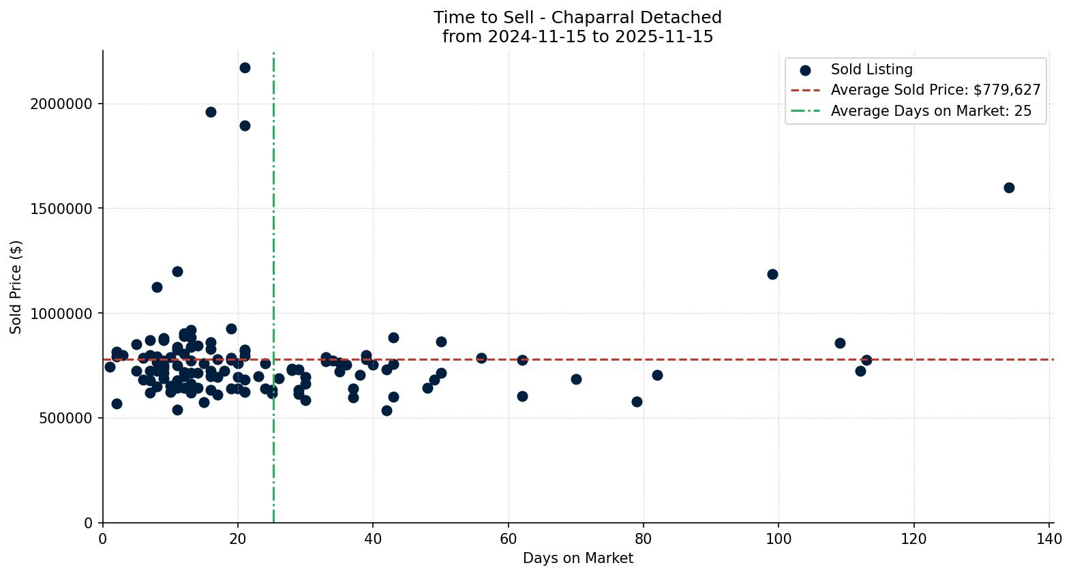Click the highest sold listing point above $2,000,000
tap(245, 67)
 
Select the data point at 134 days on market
tap(1009, 187)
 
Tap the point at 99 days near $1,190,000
tap(772, 274)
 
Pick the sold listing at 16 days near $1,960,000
tap(211, 112)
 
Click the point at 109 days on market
tap(840, 343)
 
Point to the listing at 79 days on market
tap(637, 401)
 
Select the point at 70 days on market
tap(576, 379)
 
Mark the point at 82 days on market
tap(657, 375)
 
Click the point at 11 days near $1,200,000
tap(177, 271)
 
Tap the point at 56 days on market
tap(481, 358)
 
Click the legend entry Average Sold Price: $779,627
tap(935, 90)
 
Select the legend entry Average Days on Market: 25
tap(931, 111)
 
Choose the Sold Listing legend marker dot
tap(805, 70)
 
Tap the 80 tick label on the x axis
tap(644, 539)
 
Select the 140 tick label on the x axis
tap(1049, 539)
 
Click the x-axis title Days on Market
tap(577, 558)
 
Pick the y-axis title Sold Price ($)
tap(16, 286)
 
